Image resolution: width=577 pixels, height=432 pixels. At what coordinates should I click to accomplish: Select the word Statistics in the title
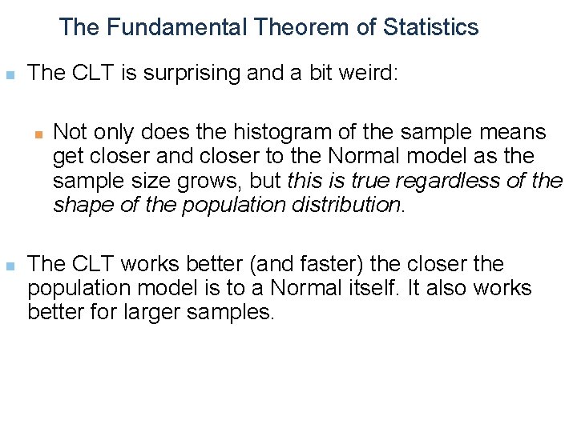(431, 27)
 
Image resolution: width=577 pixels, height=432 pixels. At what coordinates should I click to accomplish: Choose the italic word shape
(80, 205)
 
